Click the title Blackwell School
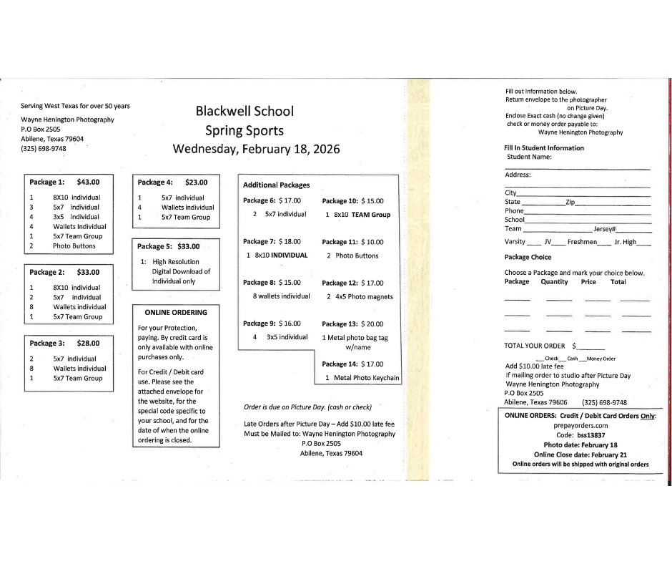244,112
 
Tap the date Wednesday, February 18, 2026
256,150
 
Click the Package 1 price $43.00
88,182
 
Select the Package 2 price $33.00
88,272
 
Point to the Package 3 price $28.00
88,343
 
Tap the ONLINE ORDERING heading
176,312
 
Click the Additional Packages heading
277,185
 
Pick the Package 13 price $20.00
372,324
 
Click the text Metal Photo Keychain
367,377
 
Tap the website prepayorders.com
580,425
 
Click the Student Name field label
529,157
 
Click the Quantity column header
554,282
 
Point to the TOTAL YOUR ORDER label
535,346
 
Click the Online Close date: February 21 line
580,454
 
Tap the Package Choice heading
528,257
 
